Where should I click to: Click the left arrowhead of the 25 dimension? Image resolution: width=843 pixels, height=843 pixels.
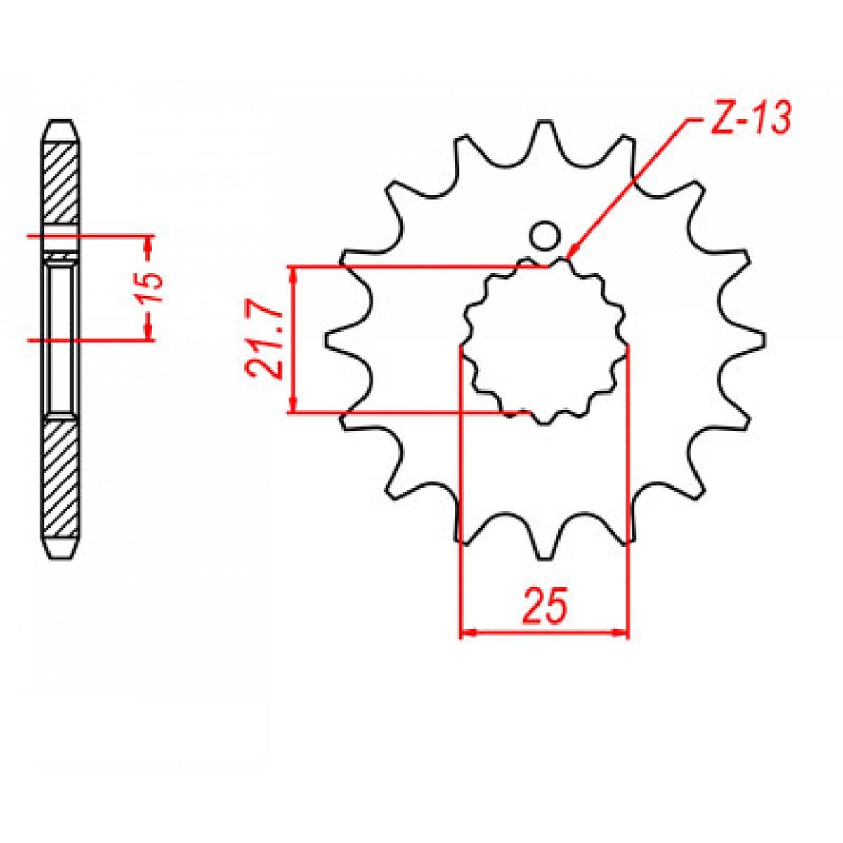[x=466, y=633]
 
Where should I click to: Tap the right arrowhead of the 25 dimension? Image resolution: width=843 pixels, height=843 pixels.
[x=622, y=633]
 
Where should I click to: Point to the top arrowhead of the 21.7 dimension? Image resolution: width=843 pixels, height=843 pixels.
[x=294, y=273]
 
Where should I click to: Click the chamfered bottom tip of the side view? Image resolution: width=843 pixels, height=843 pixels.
[x=61, y=551]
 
